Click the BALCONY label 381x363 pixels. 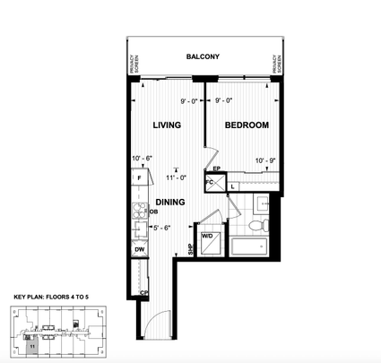pos(203,56)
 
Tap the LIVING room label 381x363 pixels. pos(169,125)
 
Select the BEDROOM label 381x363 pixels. pos(247,125)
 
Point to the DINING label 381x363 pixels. pos(170,203)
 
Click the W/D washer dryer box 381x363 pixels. pos(207,241)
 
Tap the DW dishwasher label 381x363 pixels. pos(141,250)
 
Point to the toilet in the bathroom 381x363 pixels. pos(257,223)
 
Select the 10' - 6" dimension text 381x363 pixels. pos(143,159)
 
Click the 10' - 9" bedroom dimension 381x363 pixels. pos(266,161)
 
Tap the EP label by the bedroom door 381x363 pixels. pos(217,168)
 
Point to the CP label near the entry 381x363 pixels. pos(143,293)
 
